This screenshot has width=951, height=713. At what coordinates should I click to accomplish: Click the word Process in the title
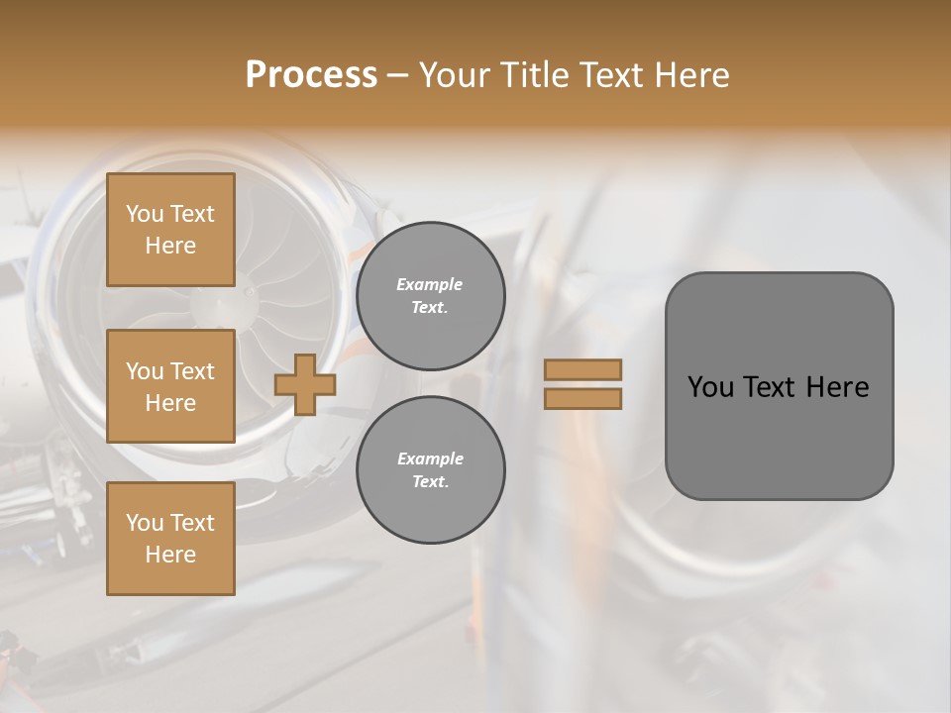[x=311, y=75]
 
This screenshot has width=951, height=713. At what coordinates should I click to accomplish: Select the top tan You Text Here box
[x=170, y=230]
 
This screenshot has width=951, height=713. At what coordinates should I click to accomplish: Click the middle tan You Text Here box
[x=170, y=386]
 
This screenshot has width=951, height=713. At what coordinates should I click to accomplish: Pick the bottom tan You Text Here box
[x=170, y=539]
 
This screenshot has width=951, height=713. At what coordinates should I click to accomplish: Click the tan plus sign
[x=305, y=384]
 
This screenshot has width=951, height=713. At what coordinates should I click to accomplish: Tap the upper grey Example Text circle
[x=431, y=296]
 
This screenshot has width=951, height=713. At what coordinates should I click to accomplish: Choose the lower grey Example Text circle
[x=431, y=470]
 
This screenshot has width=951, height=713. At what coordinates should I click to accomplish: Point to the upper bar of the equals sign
[x=583, y=369]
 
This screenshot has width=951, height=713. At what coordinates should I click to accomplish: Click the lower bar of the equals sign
[x=583, y=398]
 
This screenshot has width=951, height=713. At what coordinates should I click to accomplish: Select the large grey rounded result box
[x=779, y=386]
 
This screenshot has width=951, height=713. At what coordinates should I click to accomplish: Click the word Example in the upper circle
[x=430, y=284]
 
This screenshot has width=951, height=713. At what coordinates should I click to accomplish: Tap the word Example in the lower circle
[x=430, y=458]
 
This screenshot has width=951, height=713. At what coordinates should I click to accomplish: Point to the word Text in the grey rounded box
[x=770, y=387]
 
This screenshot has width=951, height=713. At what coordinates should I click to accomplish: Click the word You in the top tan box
[x=145, y=214]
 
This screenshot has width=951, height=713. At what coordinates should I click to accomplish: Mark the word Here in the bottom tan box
[x=170, y=555]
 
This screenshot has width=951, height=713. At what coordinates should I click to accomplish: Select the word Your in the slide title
[x=454, y=75]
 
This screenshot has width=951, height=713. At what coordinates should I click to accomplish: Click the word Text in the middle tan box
[x=192, y=371]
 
